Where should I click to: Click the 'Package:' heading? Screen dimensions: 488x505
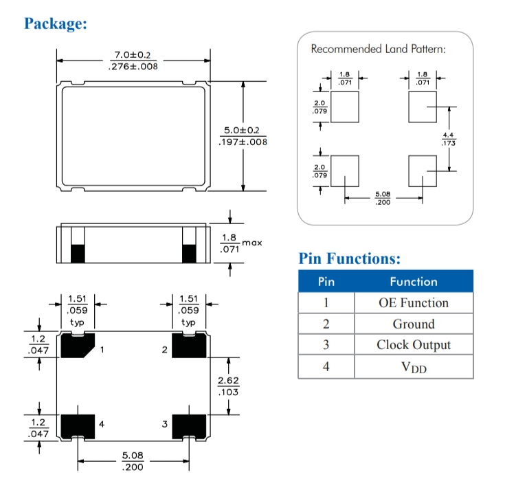[56, 23]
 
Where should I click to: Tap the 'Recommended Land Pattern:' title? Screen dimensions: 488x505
[379, 49]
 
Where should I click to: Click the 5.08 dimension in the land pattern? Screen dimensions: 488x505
[383, 195]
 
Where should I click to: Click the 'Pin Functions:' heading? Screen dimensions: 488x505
[350, 258]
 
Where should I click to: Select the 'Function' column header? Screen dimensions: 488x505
[414, 282]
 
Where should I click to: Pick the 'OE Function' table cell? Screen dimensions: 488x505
[414, 303]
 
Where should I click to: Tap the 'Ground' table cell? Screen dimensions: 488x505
[414, 324]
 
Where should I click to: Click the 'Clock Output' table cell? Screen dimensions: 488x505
[414, 346]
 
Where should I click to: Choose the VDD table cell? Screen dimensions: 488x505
[414, 368]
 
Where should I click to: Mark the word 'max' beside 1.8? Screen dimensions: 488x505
[253, 243]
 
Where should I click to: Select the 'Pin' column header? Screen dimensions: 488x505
[326, 282]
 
